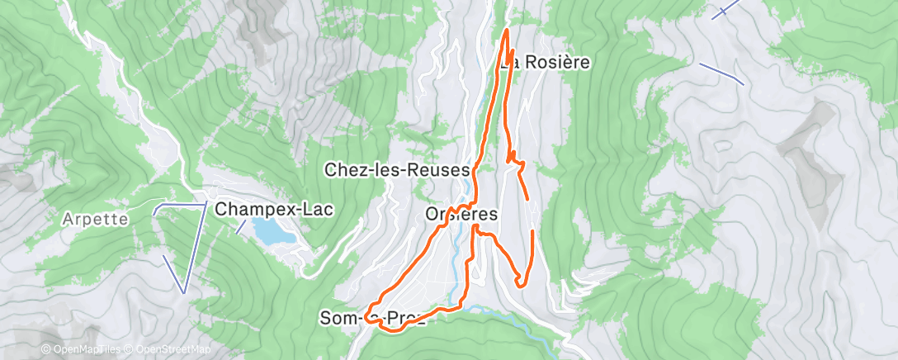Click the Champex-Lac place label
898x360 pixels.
point(274,210)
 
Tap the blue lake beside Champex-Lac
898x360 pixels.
point(272,232)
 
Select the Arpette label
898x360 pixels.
point(95,220)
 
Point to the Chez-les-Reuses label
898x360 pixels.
point(397,170)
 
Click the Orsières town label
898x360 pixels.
point(461,214)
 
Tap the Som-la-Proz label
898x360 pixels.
point(373,318)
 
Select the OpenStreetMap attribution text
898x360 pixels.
point(166,350)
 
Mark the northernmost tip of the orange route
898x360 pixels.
point(505,31)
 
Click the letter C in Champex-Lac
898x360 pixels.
point(221,210)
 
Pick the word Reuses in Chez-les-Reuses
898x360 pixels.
point(441,170)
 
